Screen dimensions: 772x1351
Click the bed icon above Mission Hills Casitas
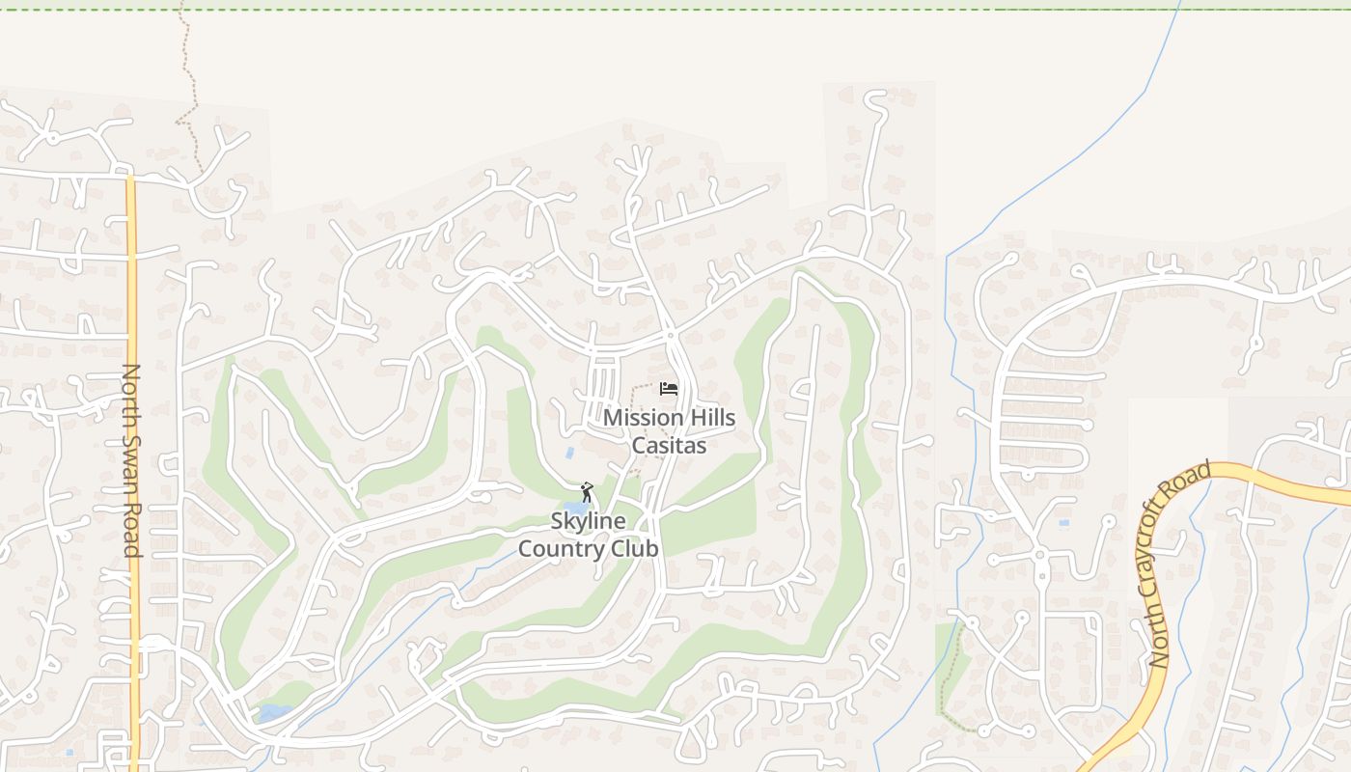tap(669, 389)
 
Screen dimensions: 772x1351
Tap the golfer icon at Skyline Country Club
tap(586, 492)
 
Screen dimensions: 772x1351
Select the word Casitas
tap(669, 446)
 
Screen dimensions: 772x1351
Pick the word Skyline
tap(588, 521)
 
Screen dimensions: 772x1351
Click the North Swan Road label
tap(132, 460)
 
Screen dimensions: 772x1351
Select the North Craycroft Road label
tap(1178, 565)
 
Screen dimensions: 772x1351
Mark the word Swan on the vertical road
tap(132, 461)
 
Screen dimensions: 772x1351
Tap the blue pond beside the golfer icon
tap(575, 509)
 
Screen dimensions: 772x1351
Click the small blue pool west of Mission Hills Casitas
tap(569, 452)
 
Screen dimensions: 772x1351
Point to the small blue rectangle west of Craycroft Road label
tap(1062, 522)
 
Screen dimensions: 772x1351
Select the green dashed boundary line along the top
tap(675, 10)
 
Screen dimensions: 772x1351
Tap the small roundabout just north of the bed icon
tap(670, 336)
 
